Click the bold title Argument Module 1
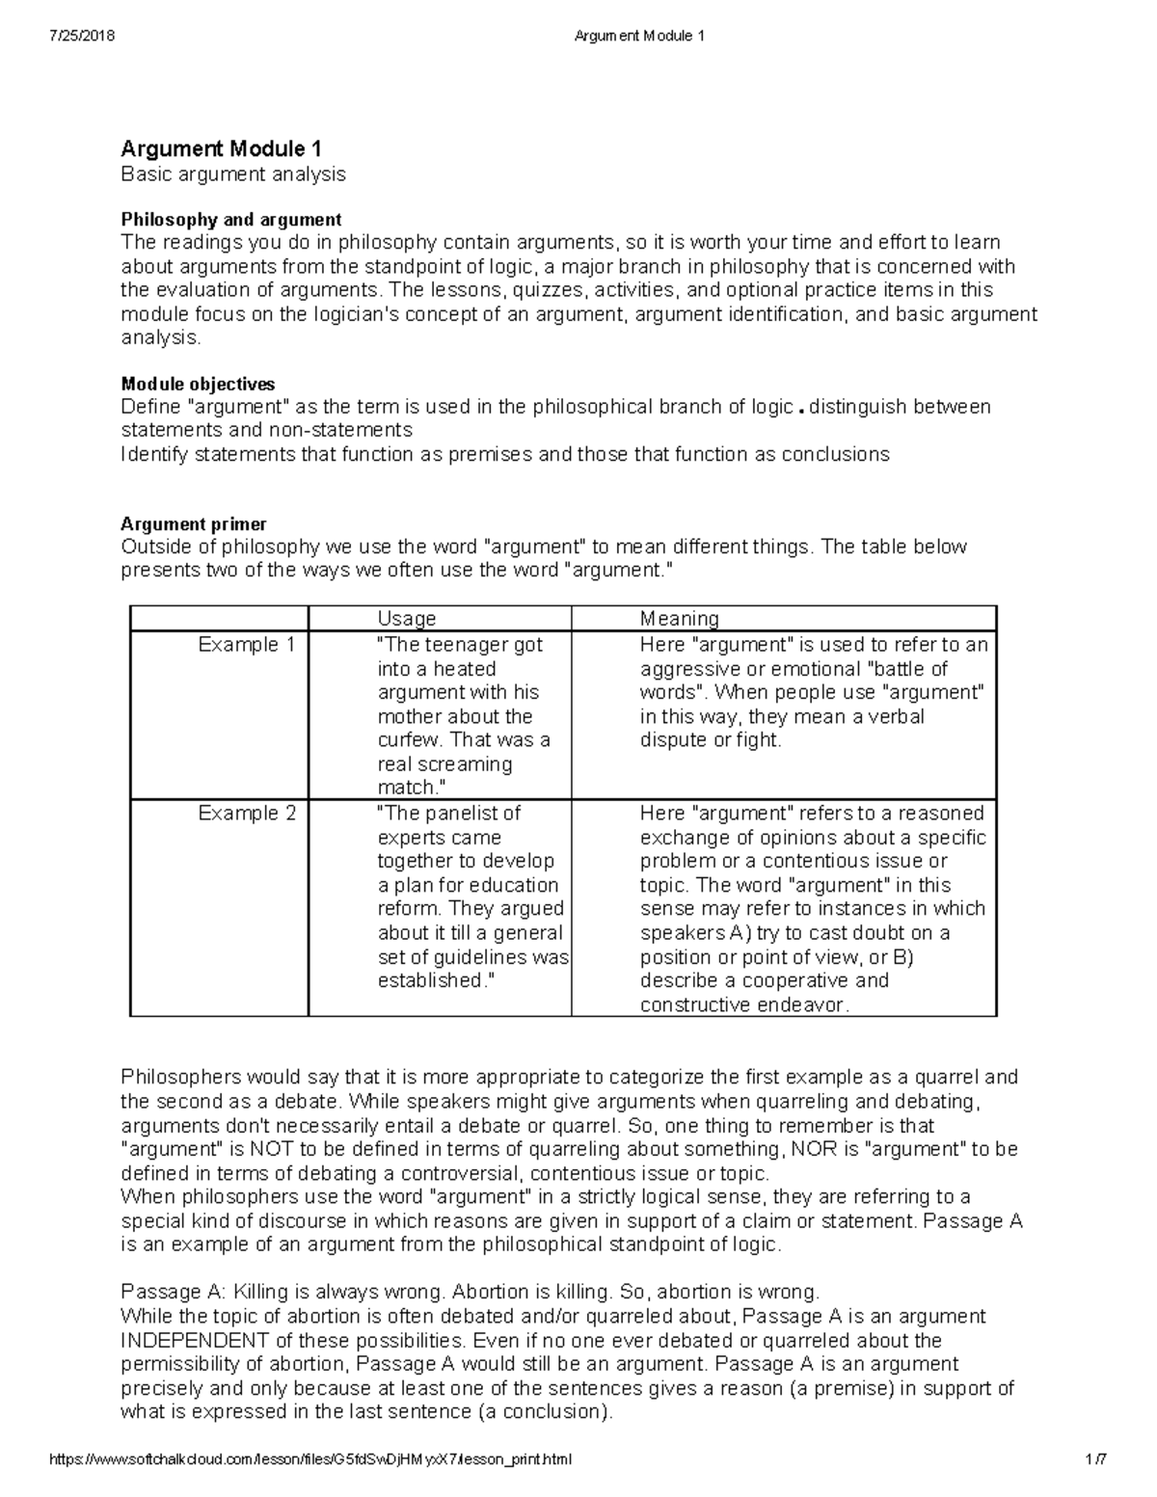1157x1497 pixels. click(221, 148)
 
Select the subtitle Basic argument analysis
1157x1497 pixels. click(232, 174)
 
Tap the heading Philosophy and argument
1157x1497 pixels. click(230, 220)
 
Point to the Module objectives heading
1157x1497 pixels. click(198, 384)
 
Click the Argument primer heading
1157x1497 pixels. click(193, 523)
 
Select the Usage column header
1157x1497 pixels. click(407, 619)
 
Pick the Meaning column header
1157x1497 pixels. click(680, 619)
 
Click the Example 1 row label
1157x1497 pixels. click(246, 645)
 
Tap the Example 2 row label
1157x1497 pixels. click(247, 814)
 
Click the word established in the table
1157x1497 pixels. click(428, 981)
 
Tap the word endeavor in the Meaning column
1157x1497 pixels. click(800, 1005)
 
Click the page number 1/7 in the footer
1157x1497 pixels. click(1094, 1459)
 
